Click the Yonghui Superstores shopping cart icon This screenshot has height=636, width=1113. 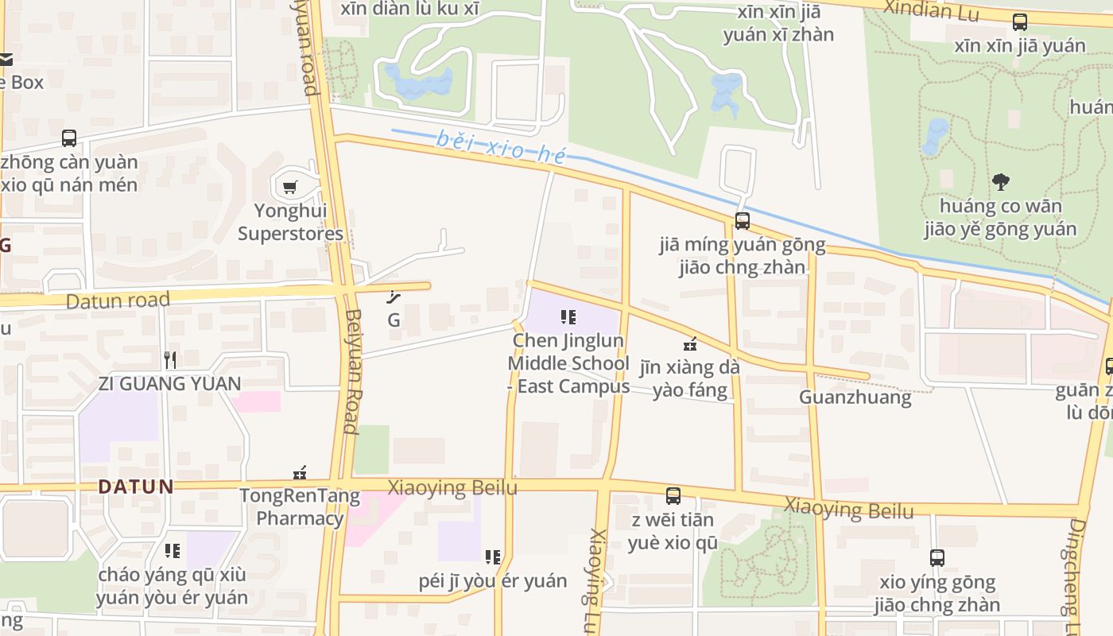tap(290, 188)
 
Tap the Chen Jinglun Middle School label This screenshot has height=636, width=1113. tap(568, 363)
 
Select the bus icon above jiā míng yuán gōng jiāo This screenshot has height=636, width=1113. tap(742, 221)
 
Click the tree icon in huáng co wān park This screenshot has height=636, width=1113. tap(1001, 182)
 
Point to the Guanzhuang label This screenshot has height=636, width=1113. tap(855, 397)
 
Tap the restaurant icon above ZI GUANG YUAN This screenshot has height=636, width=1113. tap(169, 359)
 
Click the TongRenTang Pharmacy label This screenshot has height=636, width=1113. tap(300, 507)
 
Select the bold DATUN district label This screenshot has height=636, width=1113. tap(135, 487)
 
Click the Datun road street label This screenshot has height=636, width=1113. tap(118, 301)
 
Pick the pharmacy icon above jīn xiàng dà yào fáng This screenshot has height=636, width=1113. tap(690, 344)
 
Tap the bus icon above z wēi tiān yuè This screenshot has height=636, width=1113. tap(673, 496)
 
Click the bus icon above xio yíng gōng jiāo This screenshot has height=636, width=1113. tap(937, 558)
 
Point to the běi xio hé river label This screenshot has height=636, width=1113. tap(501, 147)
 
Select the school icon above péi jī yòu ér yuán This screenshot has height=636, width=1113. tap(493, 556)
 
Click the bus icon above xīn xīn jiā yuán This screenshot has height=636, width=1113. tap(1019, 22)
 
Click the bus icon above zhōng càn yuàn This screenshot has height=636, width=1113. tap(69, 138)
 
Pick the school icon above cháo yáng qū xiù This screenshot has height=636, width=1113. tap(172, 550)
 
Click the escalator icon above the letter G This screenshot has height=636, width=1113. tap(393, 298)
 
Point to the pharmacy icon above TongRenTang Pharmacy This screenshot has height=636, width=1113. tap(300, 473)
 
